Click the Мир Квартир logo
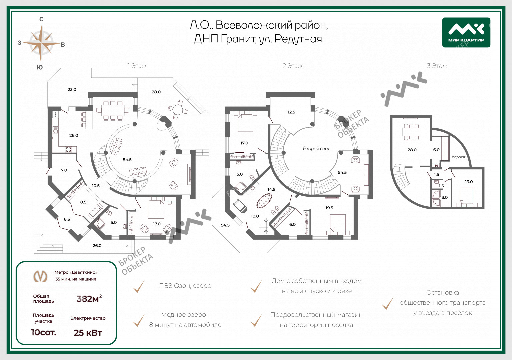tap(466, 32)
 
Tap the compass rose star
tap(41, 43)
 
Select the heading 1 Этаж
tap(137, 66)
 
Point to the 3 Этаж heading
tap(437, 66)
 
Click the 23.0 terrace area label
tap(72, 89)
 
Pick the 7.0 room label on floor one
tap(64, 170)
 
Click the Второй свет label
tap(316, 149)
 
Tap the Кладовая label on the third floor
tap(458, 157)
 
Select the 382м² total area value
tap(89, 298)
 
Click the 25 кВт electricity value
tap(88, 333)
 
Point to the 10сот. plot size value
tap(44, 332)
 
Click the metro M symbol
tap(40, 276)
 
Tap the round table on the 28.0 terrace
tap(177, 110)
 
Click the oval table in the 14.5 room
tap(264, 201)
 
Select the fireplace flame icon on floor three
tap(436, 165)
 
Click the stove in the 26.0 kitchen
tap(69, 149)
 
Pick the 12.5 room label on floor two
tap(291, 112)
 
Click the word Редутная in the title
tap(298, 39)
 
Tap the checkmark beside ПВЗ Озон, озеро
tap(139, 286)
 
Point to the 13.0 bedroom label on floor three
tap(469, 182)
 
